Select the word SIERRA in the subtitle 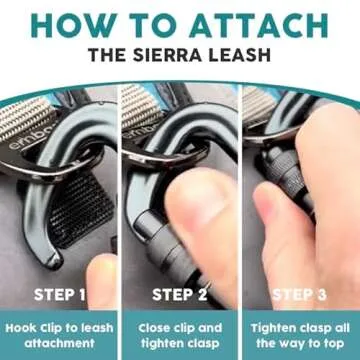pos(173,55)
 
